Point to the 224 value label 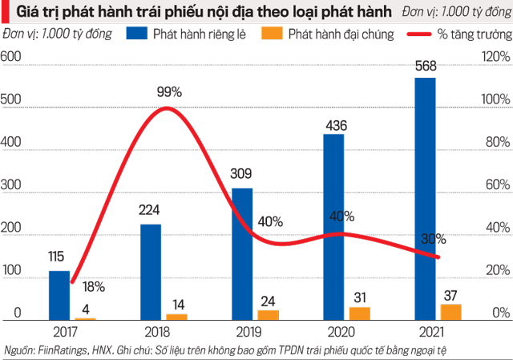(x=151, y=213)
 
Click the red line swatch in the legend (x=425, y=34)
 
